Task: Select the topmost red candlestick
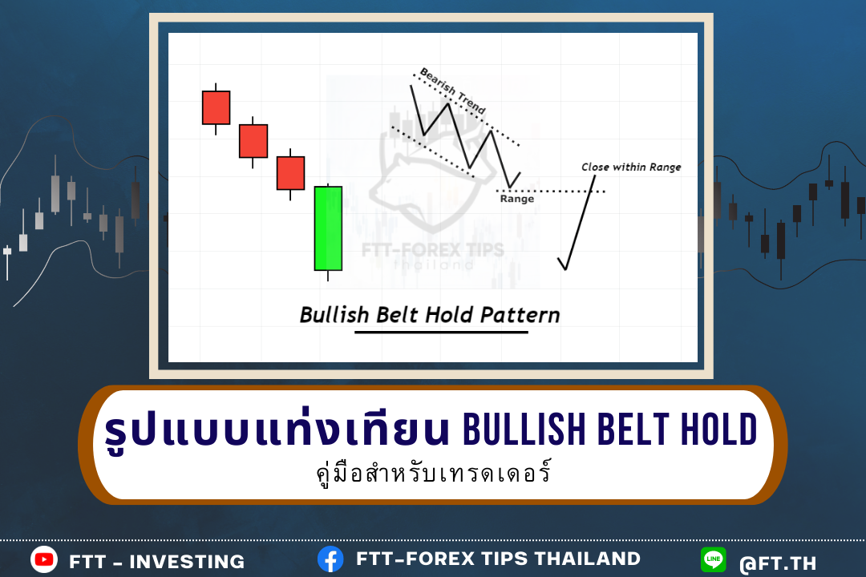pos(216,107)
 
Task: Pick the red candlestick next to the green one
pos(290,173)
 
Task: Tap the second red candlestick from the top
pos(253,141)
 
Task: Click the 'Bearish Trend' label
pos(453,91)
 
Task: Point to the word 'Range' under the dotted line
pos(517,199)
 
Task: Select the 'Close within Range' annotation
pos(631,167)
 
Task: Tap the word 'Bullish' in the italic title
pos(334,315)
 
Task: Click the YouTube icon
pos(44,560)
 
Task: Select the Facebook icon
pos(330,559)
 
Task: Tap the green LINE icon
pos(713,560)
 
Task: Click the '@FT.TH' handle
pos(778,563)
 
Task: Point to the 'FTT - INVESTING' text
pos(157,562)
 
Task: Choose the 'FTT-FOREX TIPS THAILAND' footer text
pos(498,559)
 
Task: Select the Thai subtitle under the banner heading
pos(434,473)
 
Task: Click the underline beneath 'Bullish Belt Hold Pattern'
pos(441,333)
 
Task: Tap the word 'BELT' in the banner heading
pos(634,429)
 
